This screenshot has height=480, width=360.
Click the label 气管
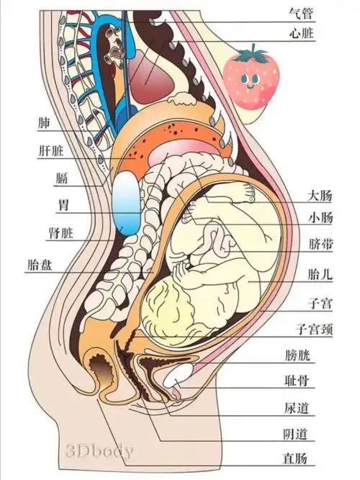[302, 13]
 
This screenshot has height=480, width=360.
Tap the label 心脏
[302, 33]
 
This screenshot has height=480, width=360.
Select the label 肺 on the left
[44, 122]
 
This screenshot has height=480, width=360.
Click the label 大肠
[320, 196]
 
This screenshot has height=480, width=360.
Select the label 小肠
[320, 218]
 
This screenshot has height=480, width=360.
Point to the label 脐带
[320, 245]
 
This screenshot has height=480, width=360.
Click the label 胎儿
[320, 274]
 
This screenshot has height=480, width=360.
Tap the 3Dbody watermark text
[100, 452]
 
